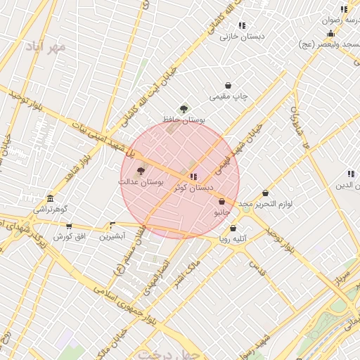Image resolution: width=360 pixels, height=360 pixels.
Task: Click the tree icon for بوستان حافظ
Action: (184, 109)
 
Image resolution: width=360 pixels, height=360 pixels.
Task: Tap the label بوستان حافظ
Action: (184, 120)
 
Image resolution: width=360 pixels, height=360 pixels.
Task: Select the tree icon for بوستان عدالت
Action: (140, 171)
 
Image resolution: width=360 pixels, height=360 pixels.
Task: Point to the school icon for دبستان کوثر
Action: (193, 176)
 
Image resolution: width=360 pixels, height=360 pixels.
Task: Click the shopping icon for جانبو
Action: (222, 201)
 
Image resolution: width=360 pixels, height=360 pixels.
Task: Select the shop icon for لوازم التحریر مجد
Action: (265, 193)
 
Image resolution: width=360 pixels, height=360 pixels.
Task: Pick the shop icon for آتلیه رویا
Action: (233, 228)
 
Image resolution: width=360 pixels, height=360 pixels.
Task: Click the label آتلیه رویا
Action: (233, 239)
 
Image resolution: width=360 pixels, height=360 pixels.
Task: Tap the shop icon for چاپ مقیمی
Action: (229, 86)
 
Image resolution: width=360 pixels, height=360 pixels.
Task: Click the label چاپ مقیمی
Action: (229, 97)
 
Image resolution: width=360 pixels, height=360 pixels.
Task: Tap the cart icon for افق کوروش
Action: (69, 226)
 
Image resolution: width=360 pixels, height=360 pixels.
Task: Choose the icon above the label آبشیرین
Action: (112, 226)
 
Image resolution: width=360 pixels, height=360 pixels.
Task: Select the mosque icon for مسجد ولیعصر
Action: (330, 33)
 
